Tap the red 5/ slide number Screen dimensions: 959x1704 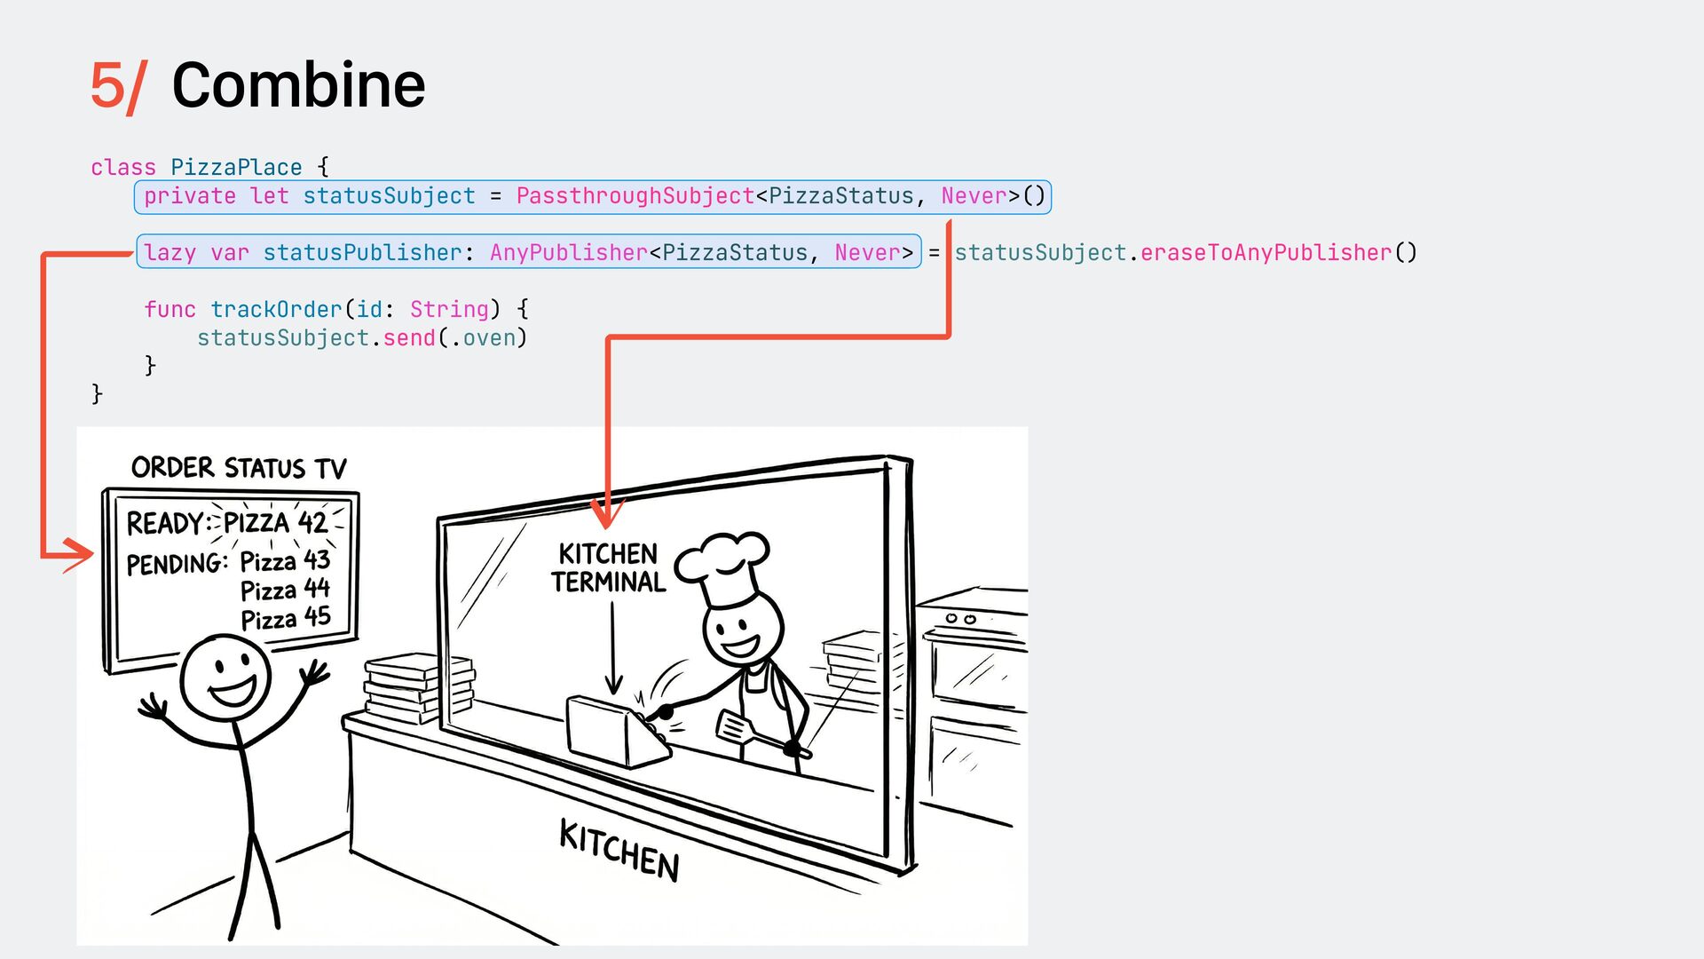[x=117, y=87]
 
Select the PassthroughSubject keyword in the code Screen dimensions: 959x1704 [x=635, y=196]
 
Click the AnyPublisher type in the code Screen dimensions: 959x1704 [x=568, y=253]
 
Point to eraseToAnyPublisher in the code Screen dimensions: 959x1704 [x=1266, y=253]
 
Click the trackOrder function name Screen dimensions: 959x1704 [x=276, y=310]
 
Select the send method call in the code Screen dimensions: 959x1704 [x=409, y=338]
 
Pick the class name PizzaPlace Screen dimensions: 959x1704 [x=236, y=168]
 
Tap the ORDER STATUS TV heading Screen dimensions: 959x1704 [x=239, y=468]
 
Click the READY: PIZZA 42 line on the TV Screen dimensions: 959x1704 [x=227, y=523]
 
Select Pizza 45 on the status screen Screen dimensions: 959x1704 [x=285, y=618]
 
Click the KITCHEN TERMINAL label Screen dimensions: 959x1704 [x=609, y=568]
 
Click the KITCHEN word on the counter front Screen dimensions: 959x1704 [x=619, y=850]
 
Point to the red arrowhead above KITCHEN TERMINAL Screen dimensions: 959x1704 [x=607, y=513]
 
